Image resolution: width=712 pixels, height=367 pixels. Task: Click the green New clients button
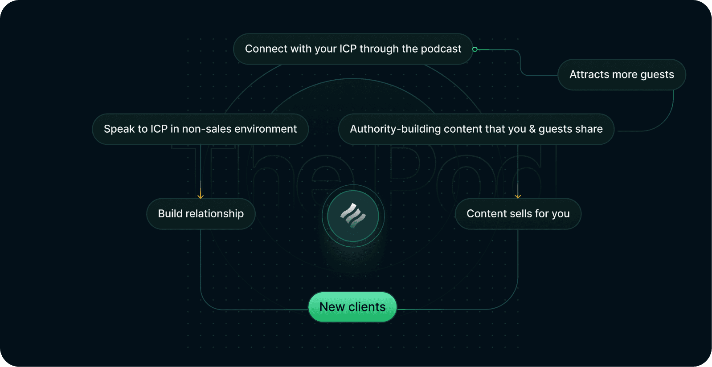[x=352, y=307]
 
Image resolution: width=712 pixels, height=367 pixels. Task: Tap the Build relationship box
[x=201, y=214]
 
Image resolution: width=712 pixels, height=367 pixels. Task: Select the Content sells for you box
[x=518, y=214]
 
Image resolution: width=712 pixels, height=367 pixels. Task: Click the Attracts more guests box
[x=622, y=74]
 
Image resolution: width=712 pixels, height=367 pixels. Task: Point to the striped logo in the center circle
[x=353, y=216]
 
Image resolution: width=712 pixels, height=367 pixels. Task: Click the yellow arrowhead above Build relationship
[x=201, y=196]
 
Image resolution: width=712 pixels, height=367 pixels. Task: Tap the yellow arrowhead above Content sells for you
[x=518, y=196]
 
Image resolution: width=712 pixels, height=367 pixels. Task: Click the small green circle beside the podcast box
[x=475, y=49]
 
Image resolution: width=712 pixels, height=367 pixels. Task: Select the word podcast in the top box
[x=441, y=49]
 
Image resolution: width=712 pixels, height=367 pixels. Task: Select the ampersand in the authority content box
[x=532, y=129]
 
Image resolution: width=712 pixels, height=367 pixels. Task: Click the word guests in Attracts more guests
[x=657, y=75]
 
